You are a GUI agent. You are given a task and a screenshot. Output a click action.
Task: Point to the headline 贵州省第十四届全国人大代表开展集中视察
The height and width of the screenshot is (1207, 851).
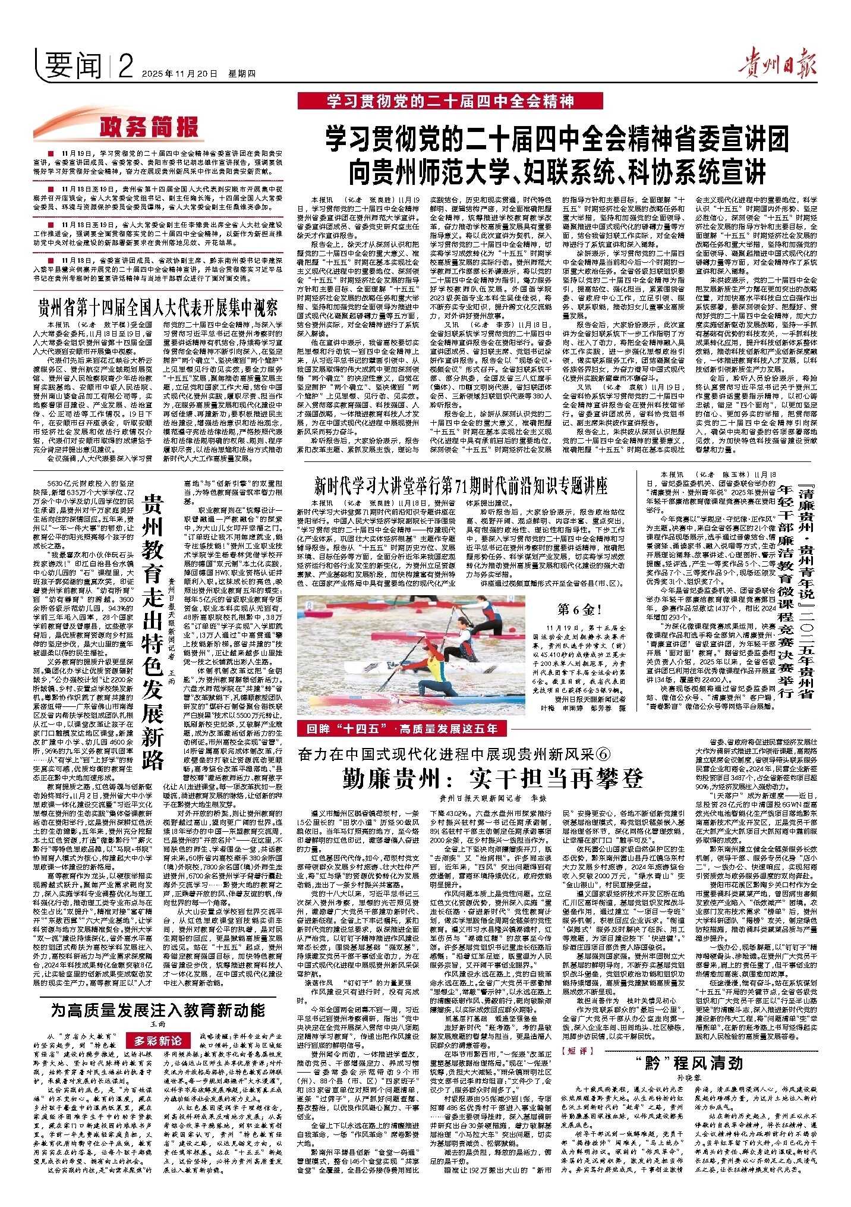click(x=158, y=307)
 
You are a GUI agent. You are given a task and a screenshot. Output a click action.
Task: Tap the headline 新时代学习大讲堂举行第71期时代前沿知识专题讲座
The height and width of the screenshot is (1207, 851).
click(x=461, y=486)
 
